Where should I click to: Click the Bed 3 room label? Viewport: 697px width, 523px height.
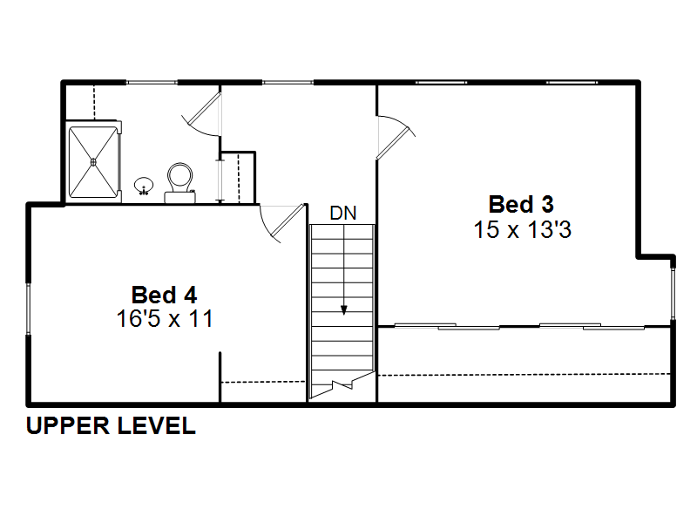pos(521,205)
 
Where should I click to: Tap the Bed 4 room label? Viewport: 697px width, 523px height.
pos(164,295)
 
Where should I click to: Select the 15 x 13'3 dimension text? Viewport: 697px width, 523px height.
pos(522,230)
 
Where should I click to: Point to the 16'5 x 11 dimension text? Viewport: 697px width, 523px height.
pos(165,318)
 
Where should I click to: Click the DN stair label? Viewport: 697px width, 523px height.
pos(343,214)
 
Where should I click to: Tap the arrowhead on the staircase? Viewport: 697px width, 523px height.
pos(343,310)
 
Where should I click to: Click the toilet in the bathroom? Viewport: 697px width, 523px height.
pos(180,183)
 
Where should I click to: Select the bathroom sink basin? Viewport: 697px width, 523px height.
pos(144,186)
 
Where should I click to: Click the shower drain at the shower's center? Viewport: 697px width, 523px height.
pos(93,162)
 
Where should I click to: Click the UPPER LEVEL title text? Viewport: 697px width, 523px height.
pos(112,425)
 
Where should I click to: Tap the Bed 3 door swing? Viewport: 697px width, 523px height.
pos(396,137)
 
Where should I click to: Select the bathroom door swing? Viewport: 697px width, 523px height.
pos(202,113)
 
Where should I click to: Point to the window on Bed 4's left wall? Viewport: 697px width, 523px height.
pos(29,309)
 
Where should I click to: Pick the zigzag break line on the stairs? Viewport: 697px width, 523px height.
pos(342,385)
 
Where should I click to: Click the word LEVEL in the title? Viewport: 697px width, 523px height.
pos(157,425)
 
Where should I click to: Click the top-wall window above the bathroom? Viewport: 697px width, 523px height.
pos(152,82)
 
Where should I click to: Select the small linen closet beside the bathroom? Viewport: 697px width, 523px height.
pos(238,178)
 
